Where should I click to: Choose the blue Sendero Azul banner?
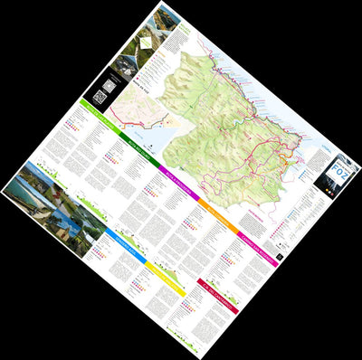[x=120, y=238]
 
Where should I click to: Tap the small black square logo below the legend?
[x=281, y=257]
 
